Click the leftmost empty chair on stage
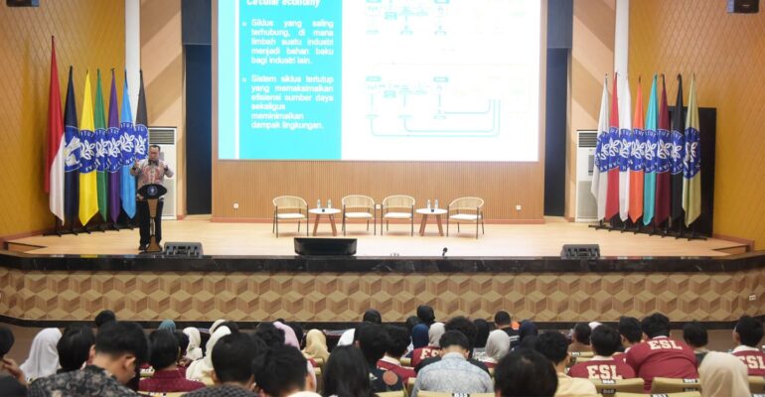click(x=290, y=213)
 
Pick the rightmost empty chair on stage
click(x=465, y=213)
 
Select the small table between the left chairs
click(x=324, y=217)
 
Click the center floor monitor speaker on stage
click(x=325, y=246)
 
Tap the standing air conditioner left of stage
click(x=163, y=169)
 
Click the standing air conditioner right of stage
click(x=586, y=174)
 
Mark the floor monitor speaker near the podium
click(x=183, y=250)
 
